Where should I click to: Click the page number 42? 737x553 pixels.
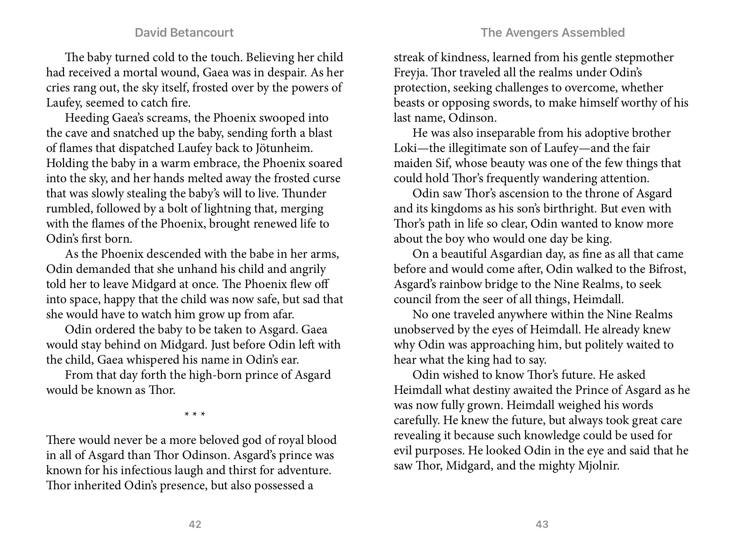[195, 524]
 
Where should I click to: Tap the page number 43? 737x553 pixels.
[542, 524]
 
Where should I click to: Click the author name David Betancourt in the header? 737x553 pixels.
[184, 33]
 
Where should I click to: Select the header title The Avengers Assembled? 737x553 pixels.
[552, 33]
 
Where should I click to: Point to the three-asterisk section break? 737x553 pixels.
[195, 414]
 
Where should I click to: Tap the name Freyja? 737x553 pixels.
[410, 73]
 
